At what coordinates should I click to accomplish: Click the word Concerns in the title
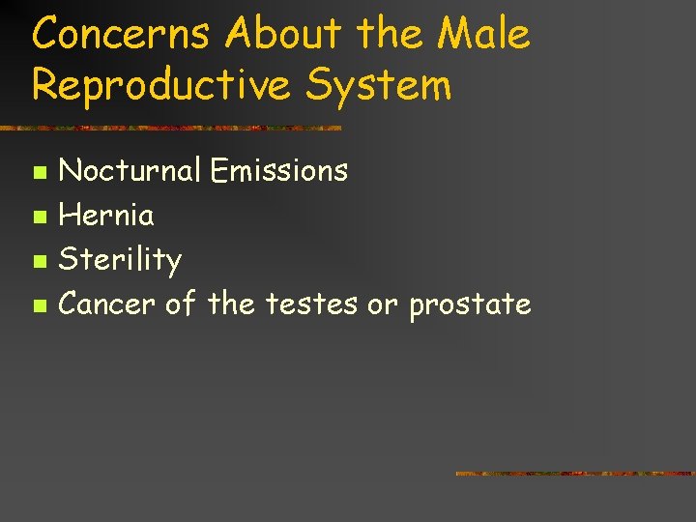pyautogui.click(x=121, y=36)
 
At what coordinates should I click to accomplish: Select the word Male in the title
pyautogui.click(x=482, y=36)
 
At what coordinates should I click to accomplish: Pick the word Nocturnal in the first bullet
pyautogui.click(x=130, y=171)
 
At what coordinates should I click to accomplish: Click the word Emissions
pyautogui.click(x=279, y=171)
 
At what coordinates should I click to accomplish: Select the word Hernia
pyautogui.click(x=106, y=215)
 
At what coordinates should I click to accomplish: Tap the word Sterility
pyautogui.click(x=120, y=260)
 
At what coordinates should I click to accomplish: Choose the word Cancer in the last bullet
pyautogui.click(x=107, y=304)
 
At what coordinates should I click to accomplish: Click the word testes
pyautogui.click(x=310, y=304)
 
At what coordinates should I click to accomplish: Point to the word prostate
pyautogui.click(x=470, y=305)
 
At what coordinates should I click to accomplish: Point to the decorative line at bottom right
pyautogui.click(x=574, y=474)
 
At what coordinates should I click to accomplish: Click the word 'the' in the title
pyautogui.click(x=389, y=36)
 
